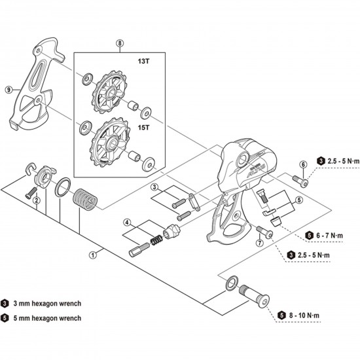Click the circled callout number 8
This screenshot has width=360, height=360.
pos(119,44)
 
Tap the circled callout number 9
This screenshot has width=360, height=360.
pos(9,90)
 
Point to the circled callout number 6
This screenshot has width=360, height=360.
pos(302,164)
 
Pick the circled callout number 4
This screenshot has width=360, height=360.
pos(128,223)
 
